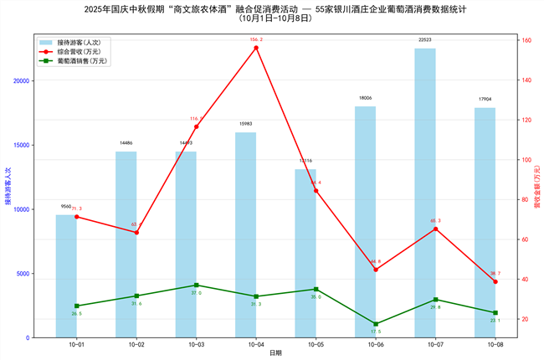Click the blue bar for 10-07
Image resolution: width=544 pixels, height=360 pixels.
425,193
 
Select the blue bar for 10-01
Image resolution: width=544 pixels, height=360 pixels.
66,276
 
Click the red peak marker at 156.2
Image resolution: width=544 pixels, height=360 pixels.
256,48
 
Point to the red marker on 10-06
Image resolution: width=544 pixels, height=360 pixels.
376,269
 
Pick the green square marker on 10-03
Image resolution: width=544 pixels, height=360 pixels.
197,285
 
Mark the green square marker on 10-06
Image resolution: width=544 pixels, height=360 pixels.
376,324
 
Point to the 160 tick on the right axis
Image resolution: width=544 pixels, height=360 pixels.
525,40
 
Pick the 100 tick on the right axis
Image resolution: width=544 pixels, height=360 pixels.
525,160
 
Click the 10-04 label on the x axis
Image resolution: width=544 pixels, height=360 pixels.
256,344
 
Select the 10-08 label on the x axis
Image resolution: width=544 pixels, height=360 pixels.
495,344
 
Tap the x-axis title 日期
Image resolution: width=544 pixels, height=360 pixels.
275,353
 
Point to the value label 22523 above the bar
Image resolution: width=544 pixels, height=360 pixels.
425,39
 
